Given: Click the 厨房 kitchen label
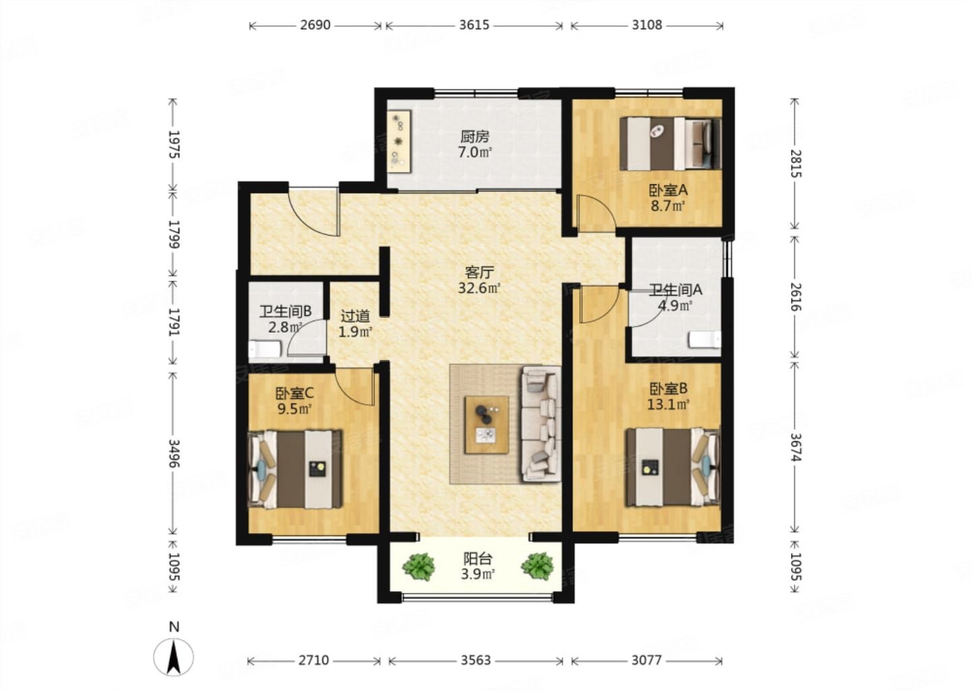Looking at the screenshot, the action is [475, 137].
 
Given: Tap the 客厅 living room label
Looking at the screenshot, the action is [479, 273].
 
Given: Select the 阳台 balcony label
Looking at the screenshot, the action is [477, 559].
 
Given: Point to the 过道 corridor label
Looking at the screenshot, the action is [355, 316].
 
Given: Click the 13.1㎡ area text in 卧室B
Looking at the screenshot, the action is [668, 405].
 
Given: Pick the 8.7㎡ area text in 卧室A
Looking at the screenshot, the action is [668, 206].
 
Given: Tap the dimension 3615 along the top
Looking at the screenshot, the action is [474, 25].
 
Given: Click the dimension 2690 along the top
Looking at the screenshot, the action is [315, 25].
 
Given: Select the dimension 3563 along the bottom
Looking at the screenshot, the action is [475, 660].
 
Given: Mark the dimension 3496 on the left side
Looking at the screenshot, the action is [174, 453].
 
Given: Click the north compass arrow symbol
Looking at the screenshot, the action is [174, 657].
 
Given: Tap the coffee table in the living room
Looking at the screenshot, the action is [487, 424].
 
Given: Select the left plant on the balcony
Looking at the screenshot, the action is [419, 566].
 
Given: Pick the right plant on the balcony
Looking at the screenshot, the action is [537, 566].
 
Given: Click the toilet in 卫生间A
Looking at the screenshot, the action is [705, 339].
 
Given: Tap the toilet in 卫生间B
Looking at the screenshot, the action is [265, 349].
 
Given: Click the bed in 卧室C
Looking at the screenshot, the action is [295, 469].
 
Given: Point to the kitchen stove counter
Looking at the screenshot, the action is [399, 142].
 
